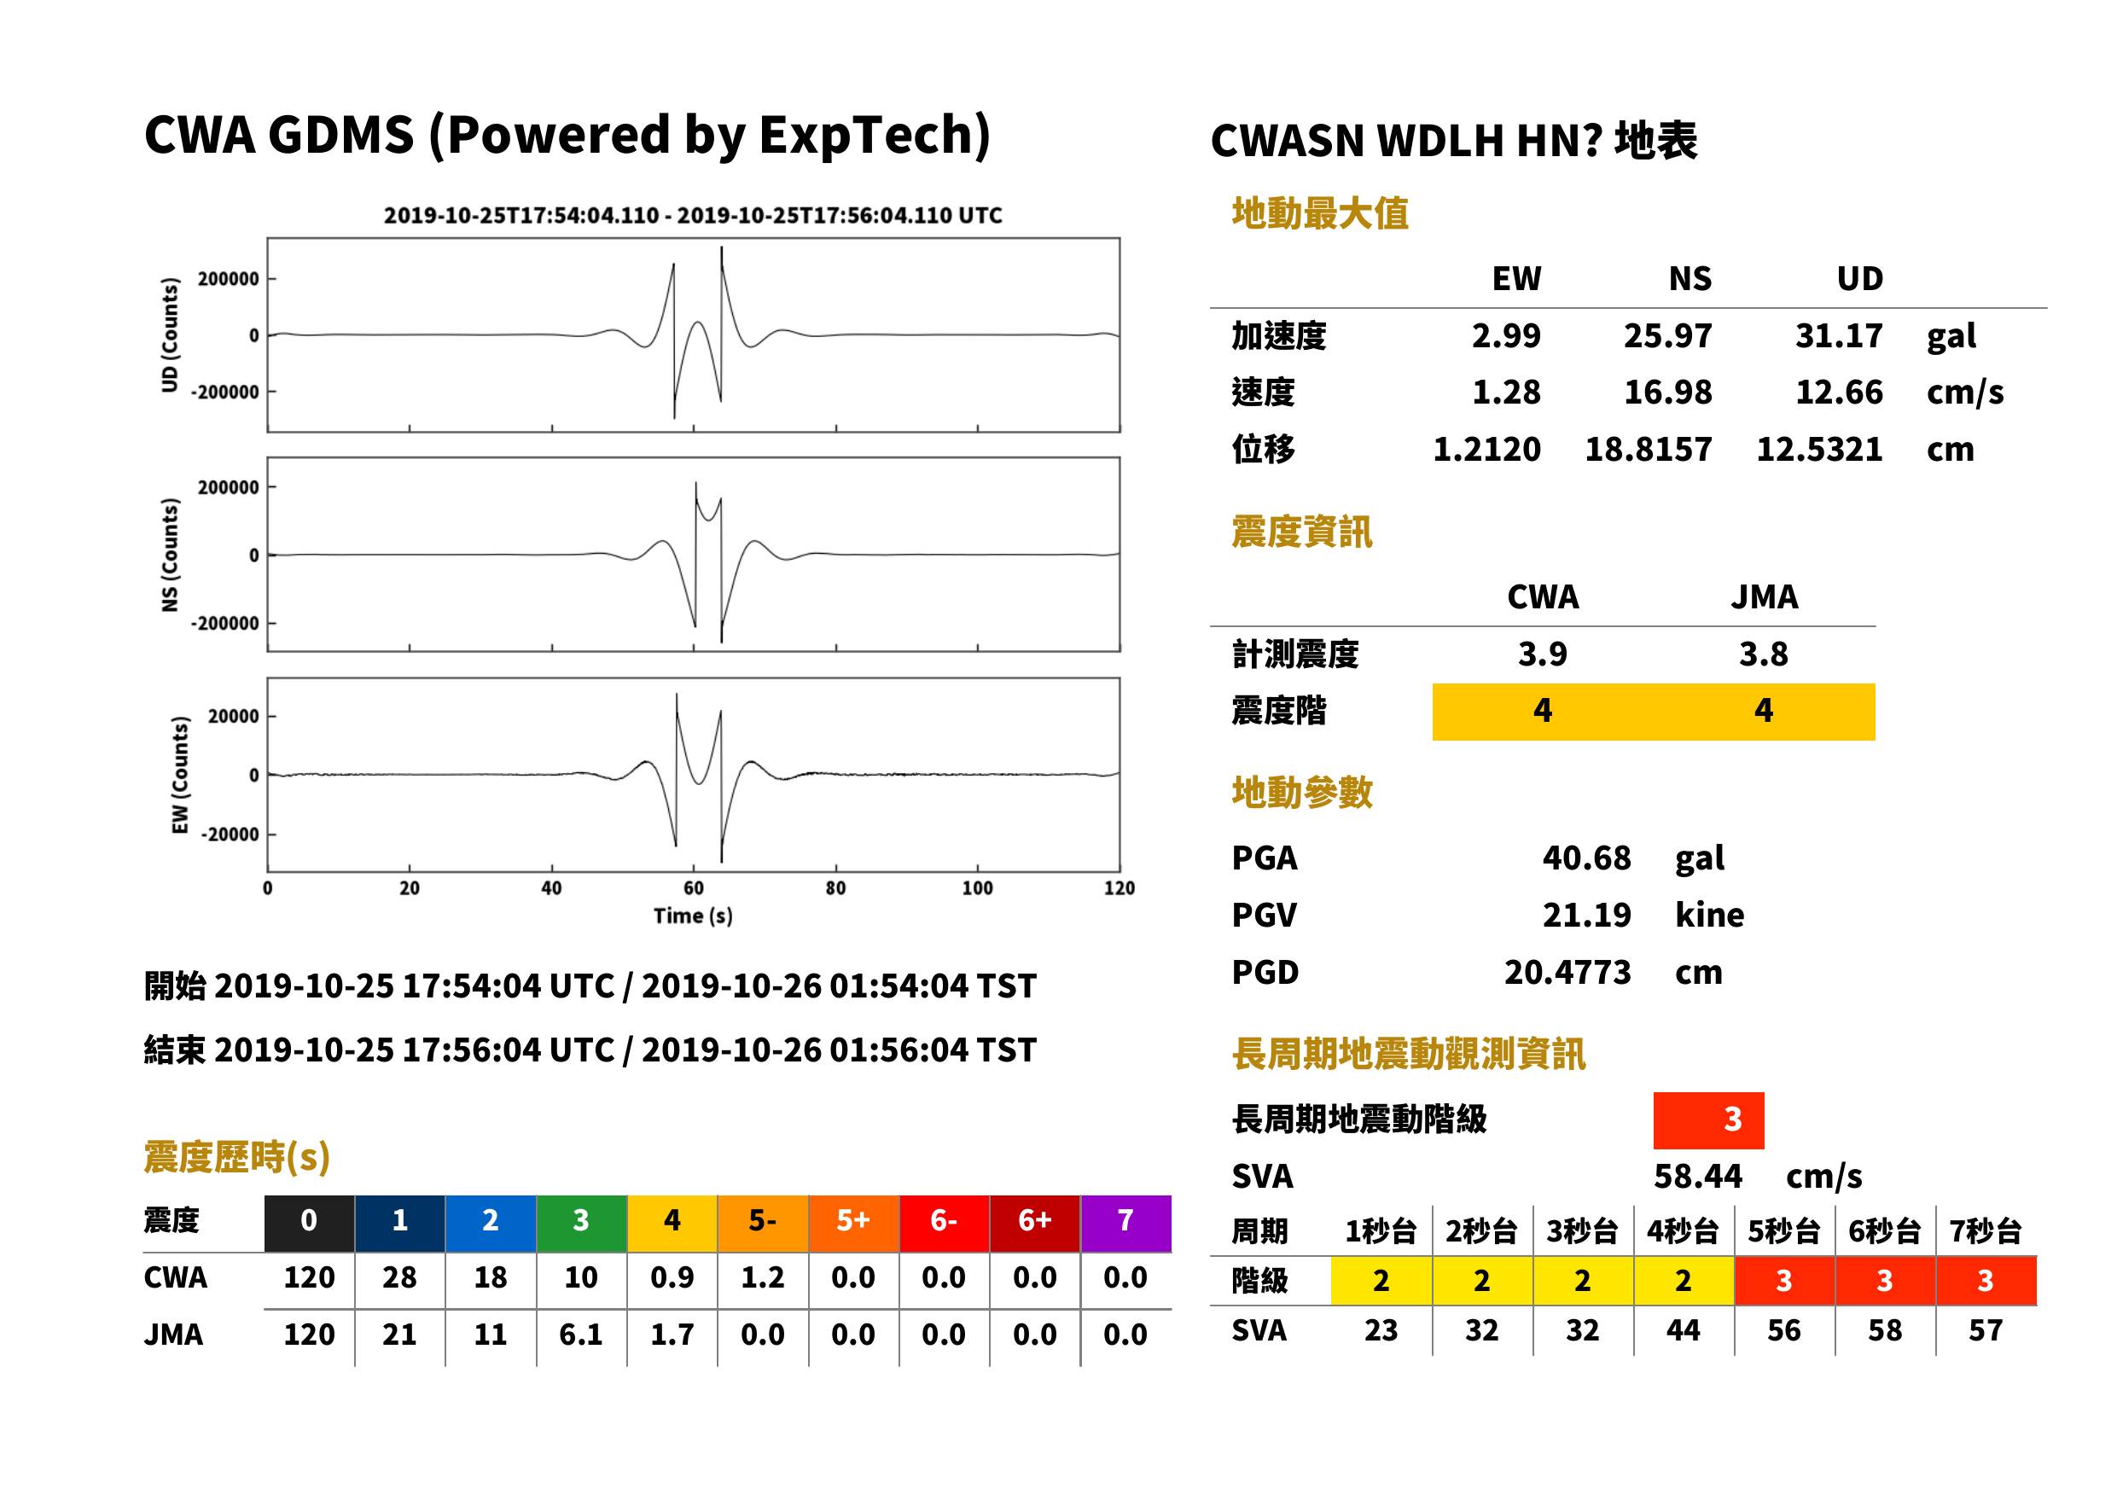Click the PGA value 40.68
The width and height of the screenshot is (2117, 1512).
click(1586, 858)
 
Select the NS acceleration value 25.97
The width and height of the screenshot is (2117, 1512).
click(1667, 335)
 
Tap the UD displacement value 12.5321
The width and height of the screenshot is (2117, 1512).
click(1819, 449)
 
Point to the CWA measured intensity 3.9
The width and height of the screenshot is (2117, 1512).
click(1543, 654)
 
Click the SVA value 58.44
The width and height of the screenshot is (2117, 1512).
click(1697, 1176)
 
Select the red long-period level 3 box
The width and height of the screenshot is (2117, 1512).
click(1708, 1120)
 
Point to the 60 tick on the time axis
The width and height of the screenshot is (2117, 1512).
click(694, 888)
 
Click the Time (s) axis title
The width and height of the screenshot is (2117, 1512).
click(693, 916)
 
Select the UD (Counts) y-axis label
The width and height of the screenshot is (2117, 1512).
click(170, 335)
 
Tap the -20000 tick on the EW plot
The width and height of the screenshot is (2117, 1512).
click(230, 835)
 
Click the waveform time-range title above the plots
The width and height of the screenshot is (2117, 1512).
click(693, 215)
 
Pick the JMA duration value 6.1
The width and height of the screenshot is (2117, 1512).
click(581, 1335)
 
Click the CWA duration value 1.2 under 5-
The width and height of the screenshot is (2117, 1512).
click(763, 1277)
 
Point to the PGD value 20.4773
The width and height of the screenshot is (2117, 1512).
click(1567, 972)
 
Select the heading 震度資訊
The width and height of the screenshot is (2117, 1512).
click(1301, 532)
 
